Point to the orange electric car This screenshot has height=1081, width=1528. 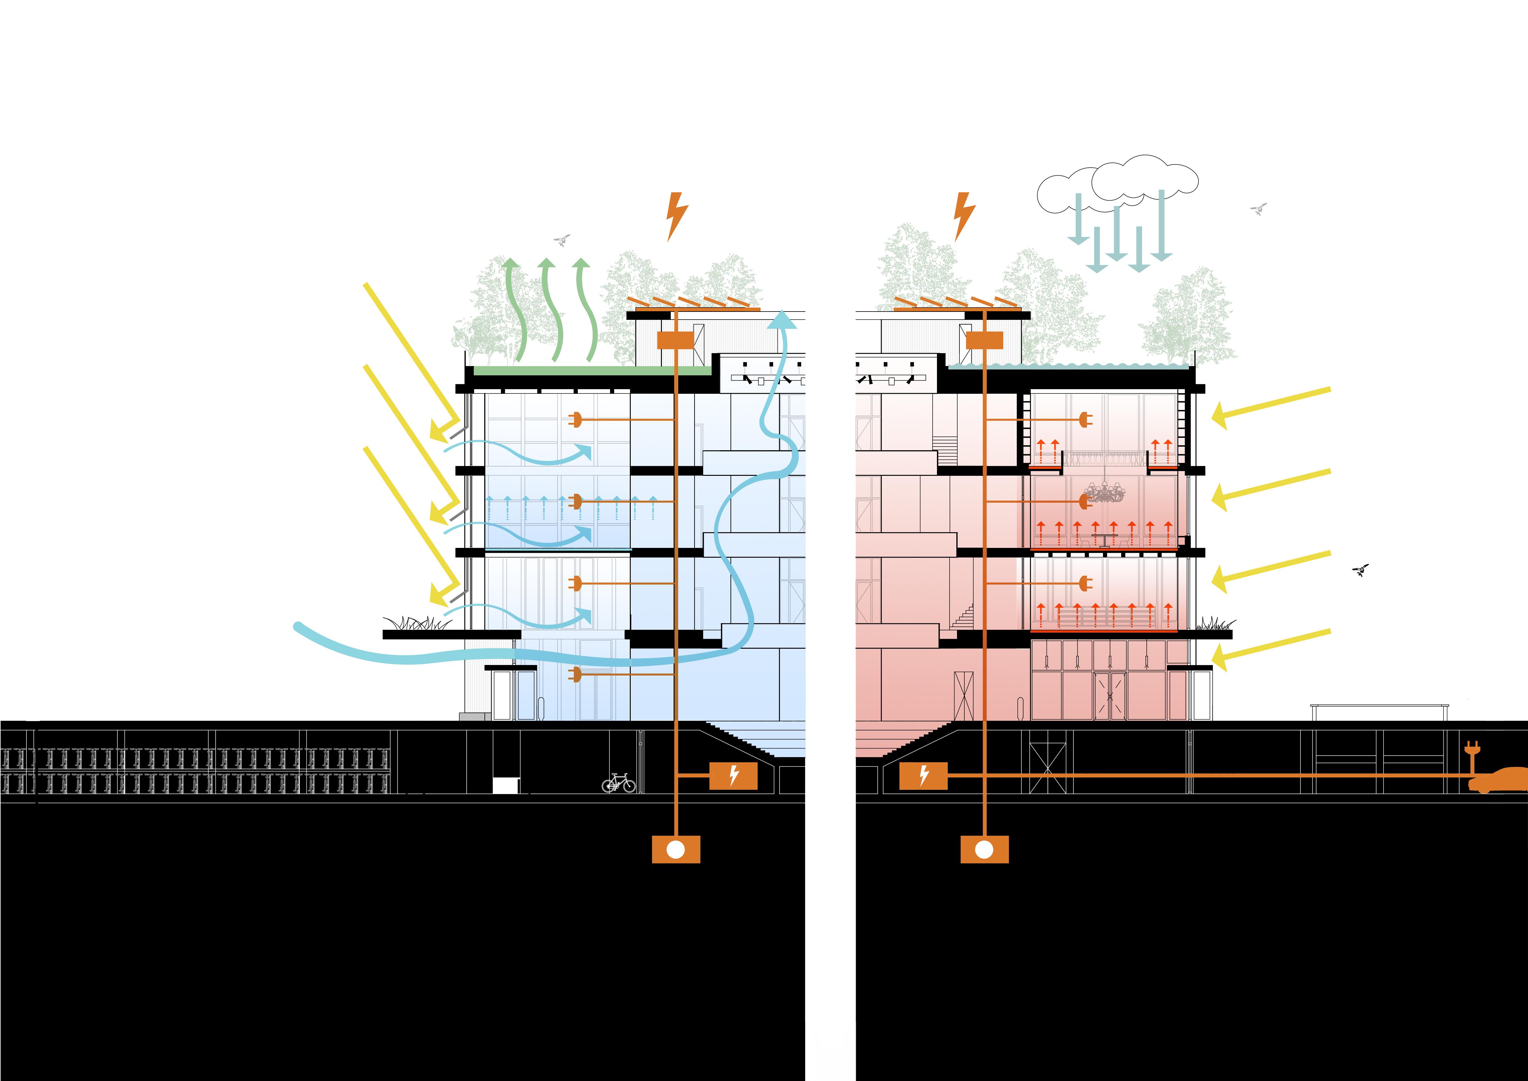[x=1499, y=780]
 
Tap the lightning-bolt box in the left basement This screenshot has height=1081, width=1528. [x=733, y=776]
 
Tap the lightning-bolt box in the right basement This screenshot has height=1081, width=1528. [x=923, y=776]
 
